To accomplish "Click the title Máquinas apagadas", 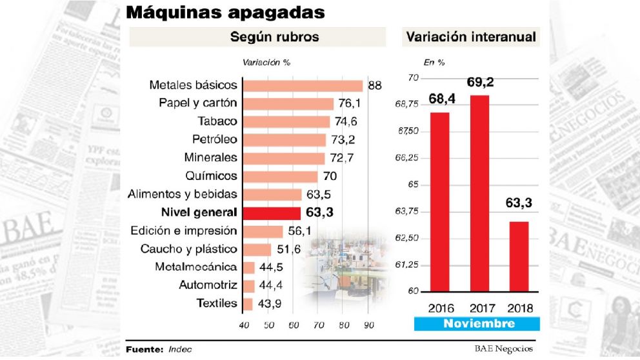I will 225,12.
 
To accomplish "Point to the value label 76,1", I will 350,104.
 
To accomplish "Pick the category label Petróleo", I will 214,139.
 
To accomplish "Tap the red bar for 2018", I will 519,256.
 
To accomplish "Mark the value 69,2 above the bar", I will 479,83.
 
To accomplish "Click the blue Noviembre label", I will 479,324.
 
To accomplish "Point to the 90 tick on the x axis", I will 368,325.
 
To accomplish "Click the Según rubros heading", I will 274,37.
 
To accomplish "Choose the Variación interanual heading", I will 471,37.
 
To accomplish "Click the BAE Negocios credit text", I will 503,349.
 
